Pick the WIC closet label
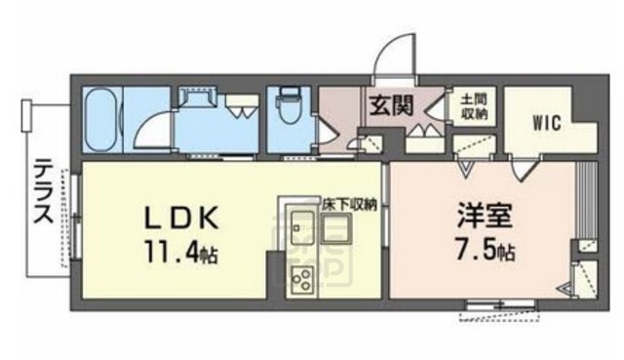click(545, 123)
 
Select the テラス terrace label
click(41, 193)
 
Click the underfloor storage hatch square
click(336, 232)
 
